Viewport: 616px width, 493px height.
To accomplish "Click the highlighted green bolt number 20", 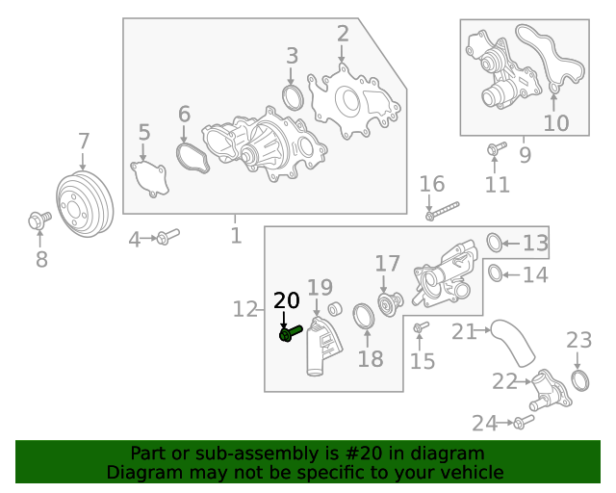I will coord(290,333).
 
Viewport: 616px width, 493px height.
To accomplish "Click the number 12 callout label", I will coord(245,309).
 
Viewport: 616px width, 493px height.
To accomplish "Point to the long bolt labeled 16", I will coord(442,209).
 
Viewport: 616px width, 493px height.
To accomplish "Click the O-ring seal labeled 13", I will coord(493,242).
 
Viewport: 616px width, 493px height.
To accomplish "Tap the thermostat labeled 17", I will coord(388,303).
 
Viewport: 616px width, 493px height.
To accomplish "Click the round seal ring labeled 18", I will coord(365,317).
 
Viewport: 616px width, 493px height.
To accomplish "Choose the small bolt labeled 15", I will coord(420,330).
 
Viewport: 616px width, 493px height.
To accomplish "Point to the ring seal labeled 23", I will coord(579,378).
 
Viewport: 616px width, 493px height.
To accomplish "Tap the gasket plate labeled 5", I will coord(149,179).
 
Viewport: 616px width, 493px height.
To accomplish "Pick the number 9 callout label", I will coord(525,153).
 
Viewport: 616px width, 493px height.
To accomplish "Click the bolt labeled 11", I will coord(496,149).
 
